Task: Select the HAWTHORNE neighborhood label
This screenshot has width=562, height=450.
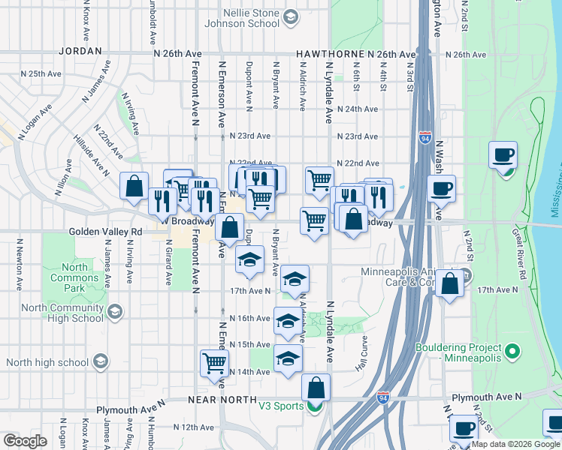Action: coord(330,55)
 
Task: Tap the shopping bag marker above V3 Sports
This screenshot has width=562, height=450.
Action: coord(316,388)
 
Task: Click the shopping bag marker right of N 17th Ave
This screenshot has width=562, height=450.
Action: coord(449,283)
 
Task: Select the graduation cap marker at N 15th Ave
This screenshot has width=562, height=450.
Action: coord(286,359)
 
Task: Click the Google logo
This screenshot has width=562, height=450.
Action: coord(26,441)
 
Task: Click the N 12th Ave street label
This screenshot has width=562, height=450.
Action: coord(194,427)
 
